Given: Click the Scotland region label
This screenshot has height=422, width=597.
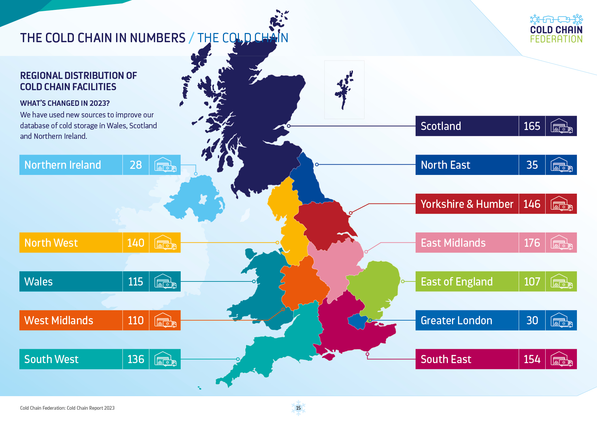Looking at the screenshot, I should tap(441, 126).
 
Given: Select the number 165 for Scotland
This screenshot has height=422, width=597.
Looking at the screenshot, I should tap(532, 126).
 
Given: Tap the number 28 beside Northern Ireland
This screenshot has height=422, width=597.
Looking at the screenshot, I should tap(136, 165).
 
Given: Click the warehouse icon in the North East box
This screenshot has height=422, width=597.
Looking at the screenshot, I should tap(561, 165).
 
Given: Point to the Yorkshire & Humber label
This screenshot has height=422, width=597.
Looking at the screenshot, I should tap(467, 204).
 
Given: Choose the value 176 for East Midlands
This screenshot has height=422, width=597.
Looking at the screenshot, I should tap(532, 243).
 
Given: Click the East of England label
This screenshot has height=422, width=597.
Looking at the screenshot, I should tap(456, 282).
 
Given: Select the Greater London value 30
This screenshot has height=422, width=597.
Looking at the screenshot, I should tap(532, 321).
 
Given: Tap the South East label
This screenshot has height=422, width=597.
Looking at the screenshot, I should tap(446, 359).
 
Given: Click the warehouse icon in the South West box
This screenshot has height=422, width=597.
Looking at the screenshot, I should tap(165, 359).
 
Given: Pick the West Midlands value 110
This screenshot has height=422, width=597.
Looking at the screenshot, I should tap(136, 321).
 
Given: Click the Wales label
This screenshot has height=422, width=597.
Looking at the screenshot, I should tap(38, 282).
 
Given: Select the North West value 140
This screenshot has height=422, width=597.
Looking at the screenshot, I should tap(136, 243).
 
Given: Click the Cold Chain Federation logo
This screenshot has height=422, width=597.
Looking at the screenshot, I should tap(556, 29).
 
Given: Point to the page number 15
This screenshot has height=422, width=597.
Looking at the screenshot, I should tap(298, 408).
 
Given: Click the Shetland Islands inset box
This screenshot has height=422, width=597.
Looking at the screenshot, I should tap(344, 90).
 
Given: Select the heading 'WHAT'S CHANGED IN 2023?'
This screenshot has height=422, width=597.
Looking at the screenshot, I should tap(65, 103).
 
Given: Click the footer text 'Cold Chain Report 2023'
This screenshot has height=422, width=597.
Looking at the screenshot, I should tap(91, 408).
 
